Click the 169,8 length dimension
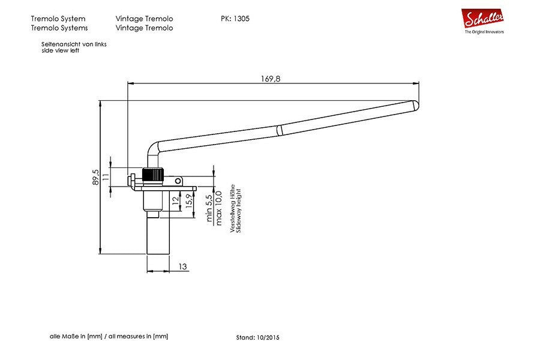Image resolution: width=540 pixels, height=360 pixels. pos(271,79)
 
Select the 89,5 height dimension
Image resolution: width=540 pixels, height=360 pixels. pos(95,177)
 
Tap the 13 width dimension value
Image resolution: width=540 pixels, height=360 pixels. pos(182,266)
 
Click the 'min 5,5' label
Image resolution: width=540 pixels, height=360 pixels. pos(209,208)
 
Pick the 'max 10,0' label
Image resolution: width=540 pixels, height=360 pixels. pos(218,208)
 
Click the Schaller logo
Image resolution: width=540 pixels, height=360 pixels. pos(482,21)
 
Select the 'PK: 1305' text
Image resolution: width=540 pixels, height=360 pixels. pos(235,19)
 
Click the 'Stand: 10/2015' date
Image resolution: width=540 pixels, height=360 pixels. pos(257,338)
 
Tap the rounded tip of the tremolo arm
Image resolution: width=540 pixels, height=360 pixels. pos(416,105)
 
